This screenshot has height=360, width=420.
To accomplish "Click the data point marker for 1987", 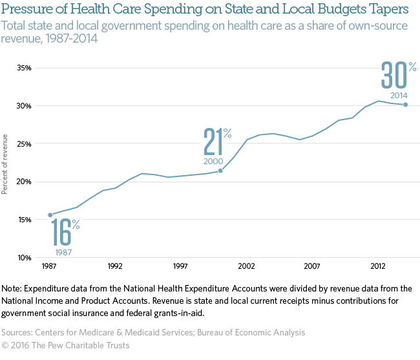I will (50, 215).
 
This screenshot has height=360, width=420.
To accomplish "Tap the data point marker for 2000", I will (220, 171).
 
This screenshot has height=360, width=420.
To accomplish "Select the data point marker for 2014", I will (405, 104).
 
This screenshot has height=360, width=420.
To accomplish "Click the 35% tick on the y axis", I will (23, 68).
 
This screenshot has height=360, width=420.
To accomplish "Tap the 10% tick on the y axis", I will (23, 257).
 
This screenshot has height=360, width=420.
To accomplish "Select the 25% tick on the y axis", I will (23, 143).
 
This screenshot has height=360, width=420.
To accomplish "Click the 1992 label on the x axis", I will (115, 266).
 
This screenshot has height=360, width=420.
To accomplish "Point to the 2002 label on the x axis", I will (246, 266).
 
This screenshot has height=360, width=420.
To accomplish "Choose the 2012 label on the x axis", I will (378, 266).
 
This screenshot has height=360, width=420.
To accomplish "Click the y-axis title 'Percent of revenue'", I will (6, 164).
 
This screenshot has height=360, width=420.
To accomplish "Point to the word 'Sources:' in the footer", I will (21, 332).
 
